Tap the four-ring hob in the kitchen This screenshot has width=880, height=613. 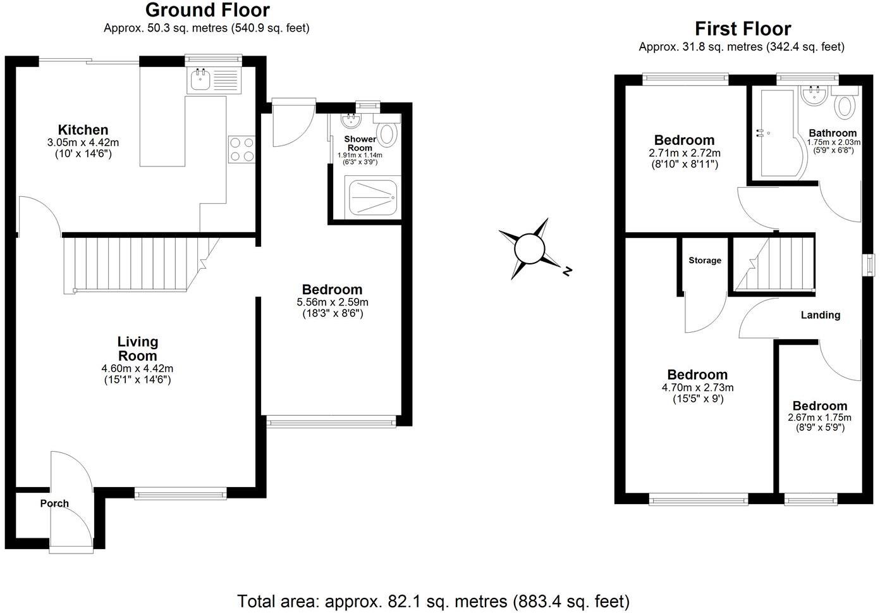[x=241, y=149]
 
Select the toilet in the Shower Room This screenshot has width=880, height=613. [x=388, y=133]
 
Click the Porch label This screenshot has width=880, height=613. [x=54, y=504]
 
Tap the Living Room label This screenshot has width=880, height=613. [x=137, y=349]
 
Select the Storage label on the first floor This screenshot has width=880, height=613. [x=705, y=260]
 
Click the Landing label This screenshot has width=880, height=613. [x=820, y=315]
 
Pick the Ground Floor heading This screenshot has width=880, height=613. [x=207, y=10]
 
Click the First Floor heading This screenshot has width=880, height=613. [x=742, y=28]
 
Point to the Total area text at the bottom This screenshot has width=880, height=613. [x=433, y=601]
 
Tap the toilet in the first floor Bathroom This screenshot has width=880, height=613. [x=844, y=104]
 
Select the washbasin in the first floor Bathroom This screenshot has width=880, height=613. [x=814, y=96]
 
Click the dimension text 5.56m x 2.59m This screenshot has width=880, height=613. [x=333, y=302]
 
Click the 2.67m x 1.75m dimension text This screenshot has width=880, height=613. [x=819, y=418]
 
